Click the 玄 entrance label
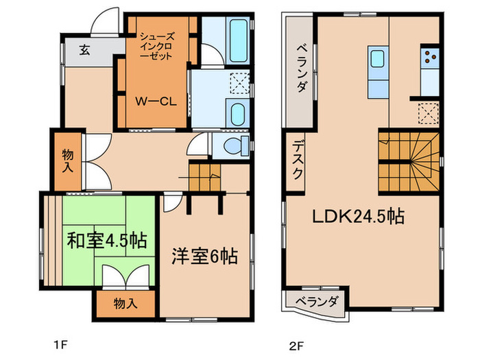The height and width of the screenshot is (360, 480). pyautogui.click(x=84, y=50)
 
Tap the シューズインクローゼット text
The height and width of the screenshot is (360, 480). pyautogui.click(x=157, y=46)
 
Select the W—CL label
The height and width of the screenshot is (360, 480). pyautogui.click(x=156, y=101)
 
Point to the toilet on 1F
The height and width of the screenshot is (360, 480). pyautogui.click(x=236, y=145)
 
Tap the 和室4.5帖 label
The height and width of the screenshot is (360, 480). pyautogui.click(x=107, y=241)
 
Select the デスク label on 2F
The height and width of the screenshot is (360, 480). pyautogui.click(x=297, y=160)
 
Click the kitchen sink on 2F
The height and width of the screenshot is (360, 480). pyautogui.click(x=378, y=58)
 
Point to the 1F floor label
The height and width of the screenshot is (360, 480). pyautogui.click(x=60, y=346)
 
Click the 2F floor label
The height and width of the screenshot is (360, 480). pyautogui.click(x=296, y=346)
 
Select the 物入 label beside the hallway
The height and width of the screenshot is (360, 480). pyautogui.click(x=68, y=160)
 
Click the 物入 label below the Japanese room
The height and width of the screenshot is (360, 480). pyautogui.click(x=125, y=303)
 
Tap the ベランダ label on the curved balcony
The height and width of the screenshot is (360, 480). pyautogui.click(x=317, y=302)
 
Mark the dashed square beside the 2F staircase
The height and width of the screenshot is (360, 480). pyautogui.click(x=429, y=113)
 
